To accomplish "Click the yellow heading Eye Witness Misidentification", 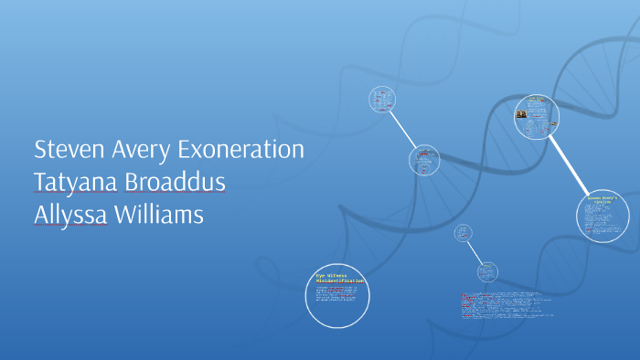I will (339, 278).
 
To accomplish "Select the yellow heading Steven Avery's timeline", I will (603, 198).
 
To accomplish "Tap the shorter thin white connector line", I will (475, 251).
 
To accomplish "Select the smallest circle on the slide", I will (464, 233).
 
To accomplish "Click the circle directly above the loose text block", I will (487, 271).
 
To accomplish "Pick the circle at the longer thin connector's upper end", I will (381, 99).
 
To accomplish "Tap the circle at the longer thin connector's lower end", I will (424, 161).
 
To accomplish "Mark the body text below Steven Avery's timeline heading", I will (603, 219).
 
